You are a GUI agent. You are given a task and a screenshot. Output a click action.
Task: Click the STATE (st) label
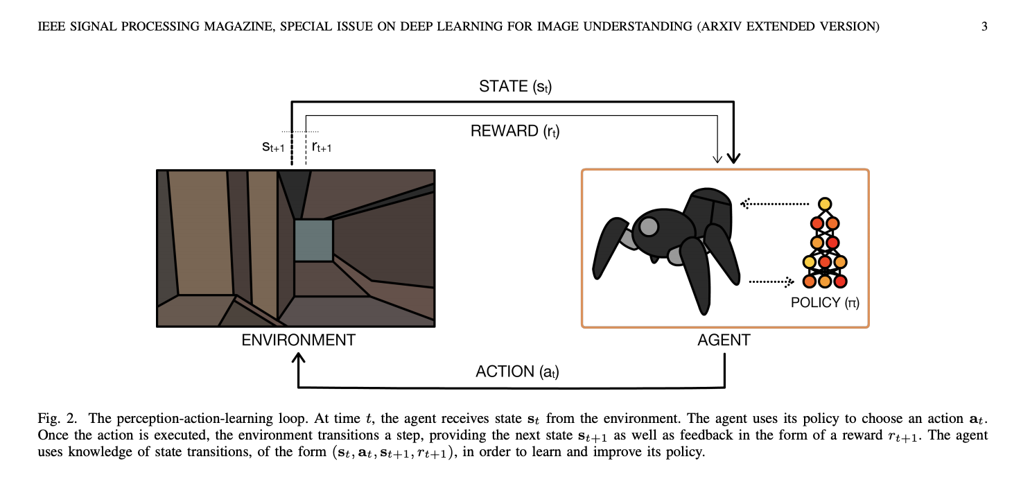point(515,87)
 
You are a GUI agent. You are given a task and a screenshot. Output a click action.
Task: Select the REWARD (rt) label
point(515,131)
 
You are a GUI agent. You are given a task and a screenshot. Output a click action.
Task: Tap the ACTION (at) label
point(517,372)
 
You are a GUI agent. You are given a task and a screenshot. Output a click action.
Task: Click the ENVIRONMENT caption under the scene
point(298,340)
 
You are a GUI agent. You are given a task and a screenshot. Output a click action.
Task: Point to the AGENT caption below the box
point(724,340)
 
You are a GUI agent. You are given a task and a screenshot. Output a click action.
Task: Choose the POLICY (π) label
point(825,303)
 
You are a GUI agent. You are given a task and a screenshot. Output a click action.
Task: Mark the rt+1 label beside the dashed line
point(322,146)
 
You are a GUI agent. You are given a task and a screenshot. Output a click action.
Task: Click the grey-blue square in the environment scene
point(313,240)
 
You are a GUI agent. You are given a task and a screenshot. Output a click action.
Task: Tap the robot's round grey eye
point(649,226)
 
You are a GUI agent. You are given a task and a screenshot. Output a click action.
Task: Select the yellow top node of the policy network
point(825,204)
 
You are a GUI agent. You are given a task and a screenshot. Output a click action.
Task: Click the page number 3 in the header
point(984,27)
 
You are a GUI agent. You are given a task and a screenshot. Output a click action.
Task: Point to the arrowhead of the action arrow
point(298,358)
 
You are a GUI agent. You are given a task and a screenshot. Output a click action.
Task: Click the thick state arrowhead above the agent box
point(733,157)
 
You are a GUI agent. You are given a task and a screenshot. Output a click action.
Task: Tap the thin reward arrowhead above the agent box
point(717,159)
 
